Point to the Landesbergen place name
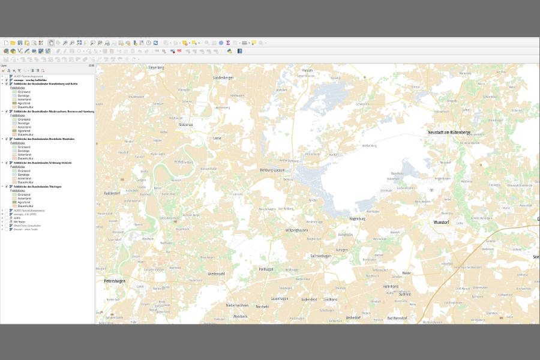(223, 78)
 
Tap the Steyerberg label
(156, 68)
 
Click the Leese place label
(217, 138)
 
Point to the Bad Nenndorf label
(398, 318)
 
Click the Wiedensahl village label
(216, 274)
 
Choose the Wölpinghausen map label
(296, 230)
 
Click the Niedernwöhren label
(237, 305)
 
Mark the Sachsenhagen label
(321, 256)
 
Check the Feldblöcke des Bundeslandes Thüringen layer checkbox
(7, 187)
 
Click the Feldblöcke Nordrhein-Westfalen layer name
(44, 139)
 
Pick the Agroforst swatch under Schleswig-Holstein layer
(14, 182)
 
